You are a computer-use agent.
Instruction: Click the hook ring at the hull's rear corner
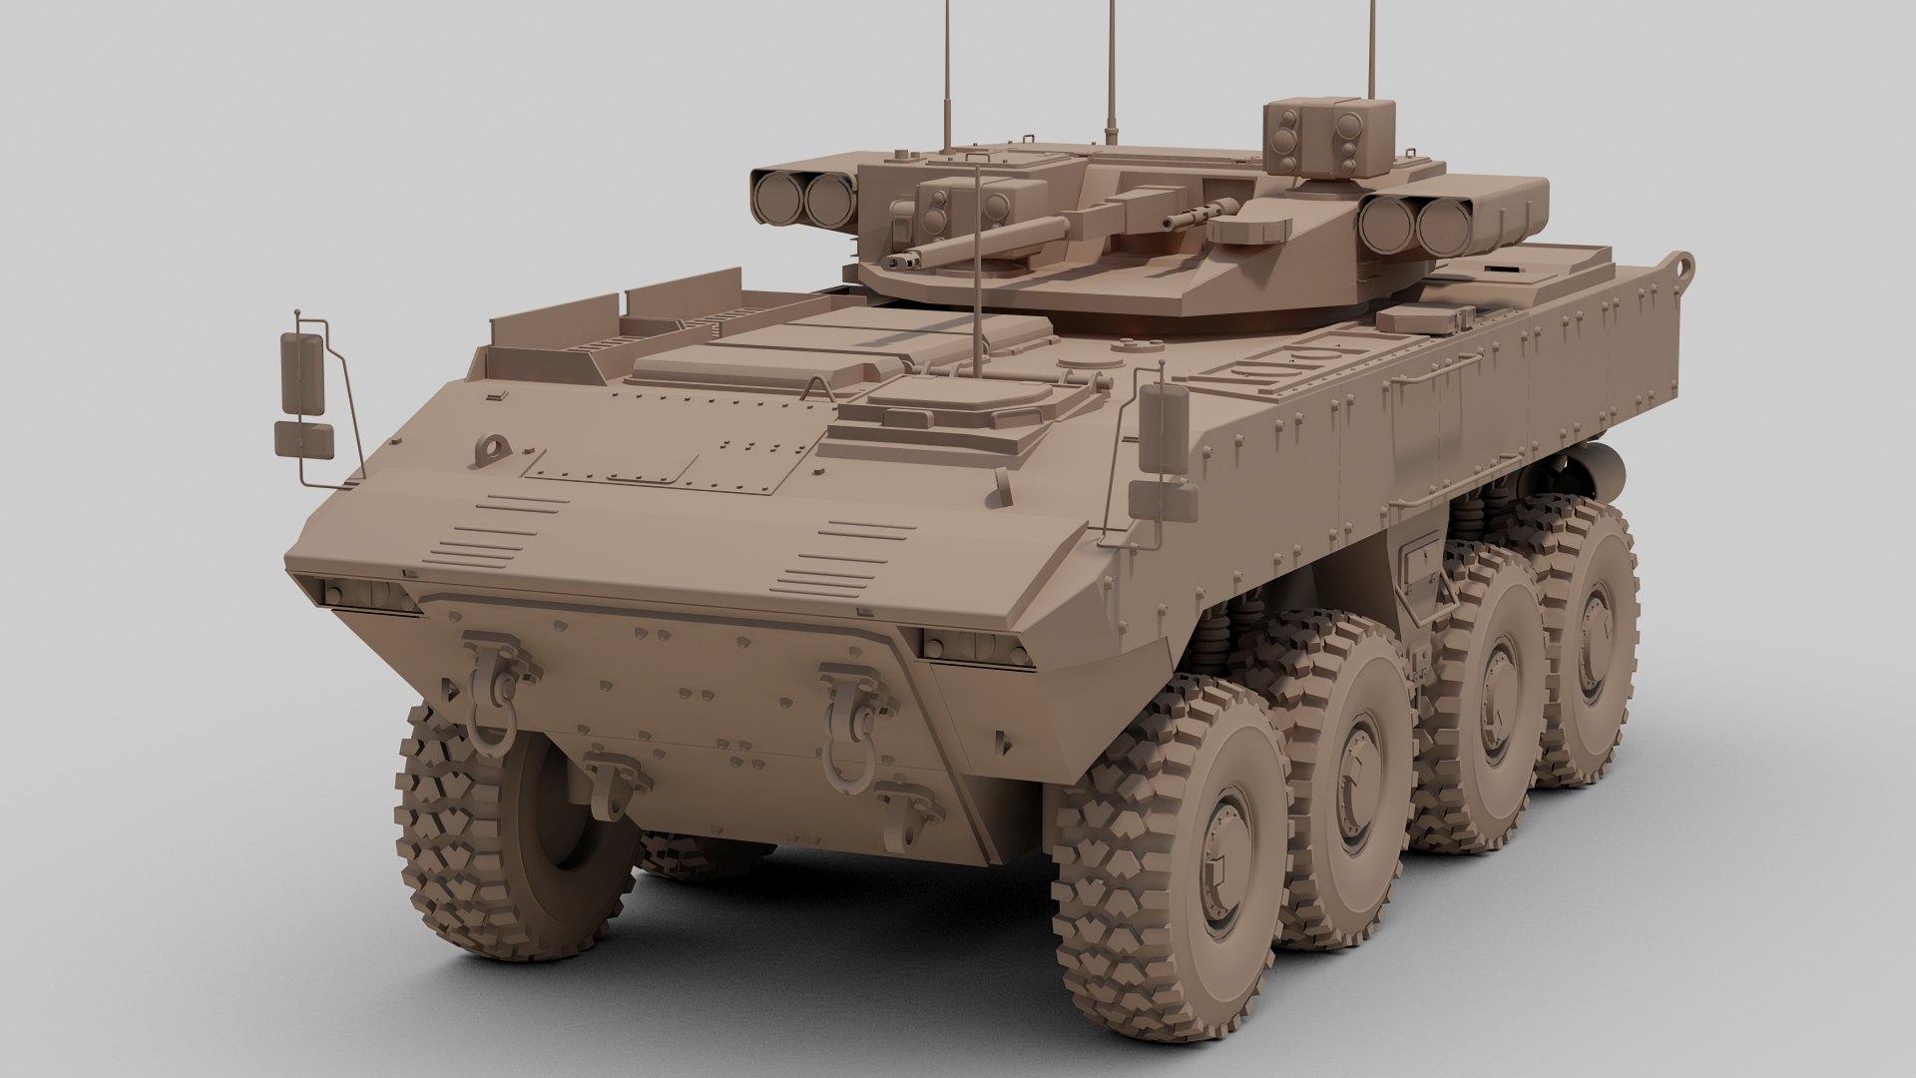(x=1682, y=267)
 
